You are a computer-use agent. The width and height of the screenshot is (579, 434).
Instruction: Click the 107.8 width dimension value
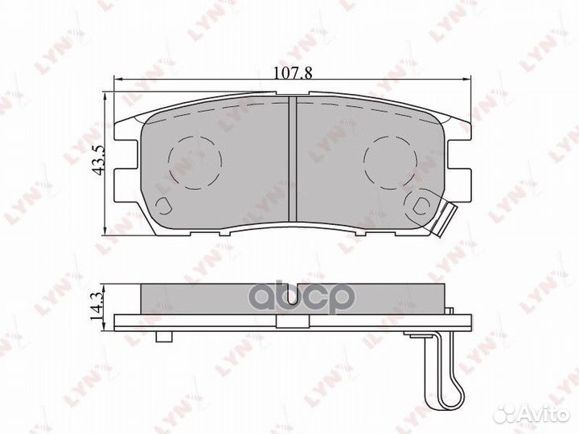point(293,73)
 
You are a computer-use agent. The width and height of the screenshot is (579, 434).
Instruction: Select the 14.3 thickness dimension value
point(97,305)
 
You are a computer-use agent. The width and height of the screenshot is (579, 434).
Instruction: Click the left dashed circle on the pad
point(195,162)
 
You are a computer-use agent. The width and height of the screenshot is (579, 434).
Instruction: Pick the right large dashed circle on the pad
point(390,162)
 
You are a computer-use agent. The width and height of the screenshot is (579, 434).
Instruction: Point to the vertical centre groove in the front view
point(293,159)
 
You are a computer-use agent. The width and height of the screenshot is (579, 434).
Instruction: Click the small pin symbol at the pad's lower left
point(163,205)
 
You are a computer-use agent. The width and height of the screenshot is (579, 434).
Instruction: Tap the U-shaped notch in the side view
point(293,295)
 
